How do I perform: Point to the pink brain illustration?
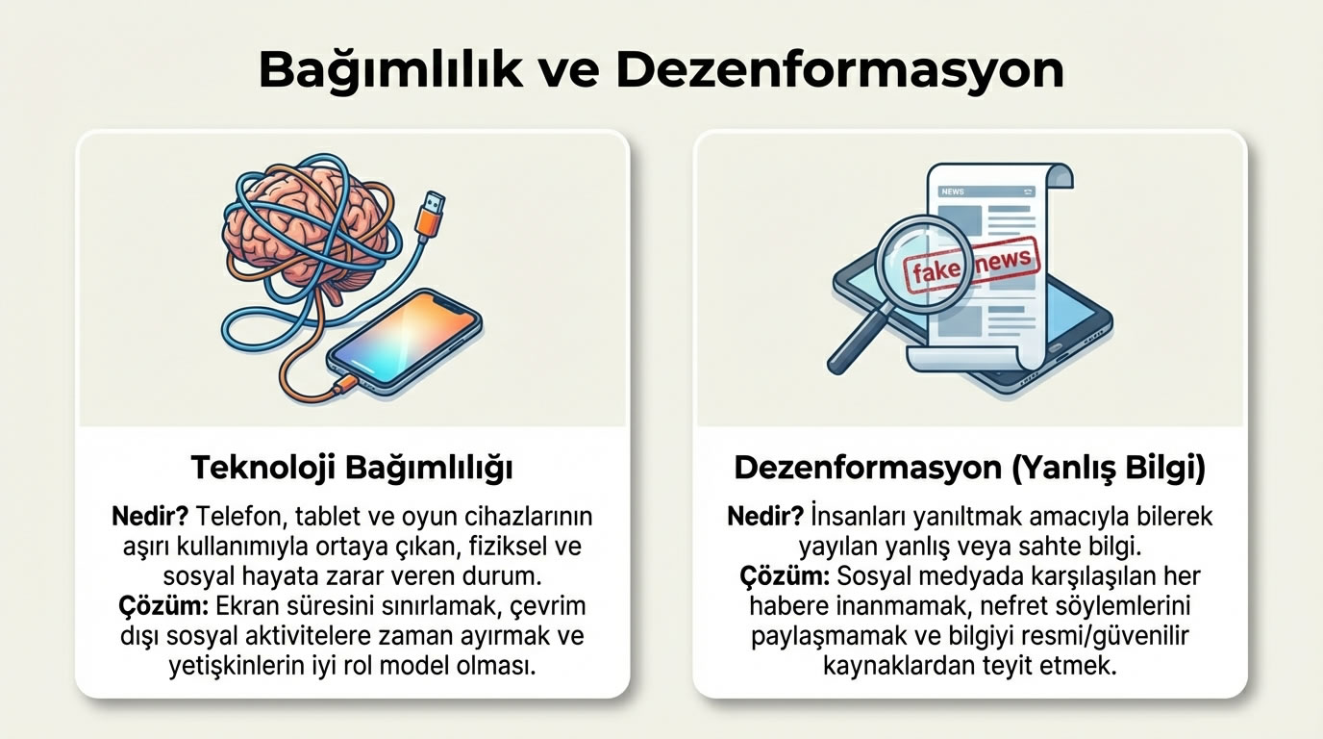(305, 224)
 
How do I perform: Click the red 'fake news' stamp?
(972, 266)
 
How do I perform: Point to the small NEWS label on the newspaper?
(952, 191)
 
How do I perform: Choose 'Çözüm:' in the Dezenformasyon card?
(785, 577)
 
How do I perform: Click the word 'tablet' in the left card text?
(326, 517)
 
